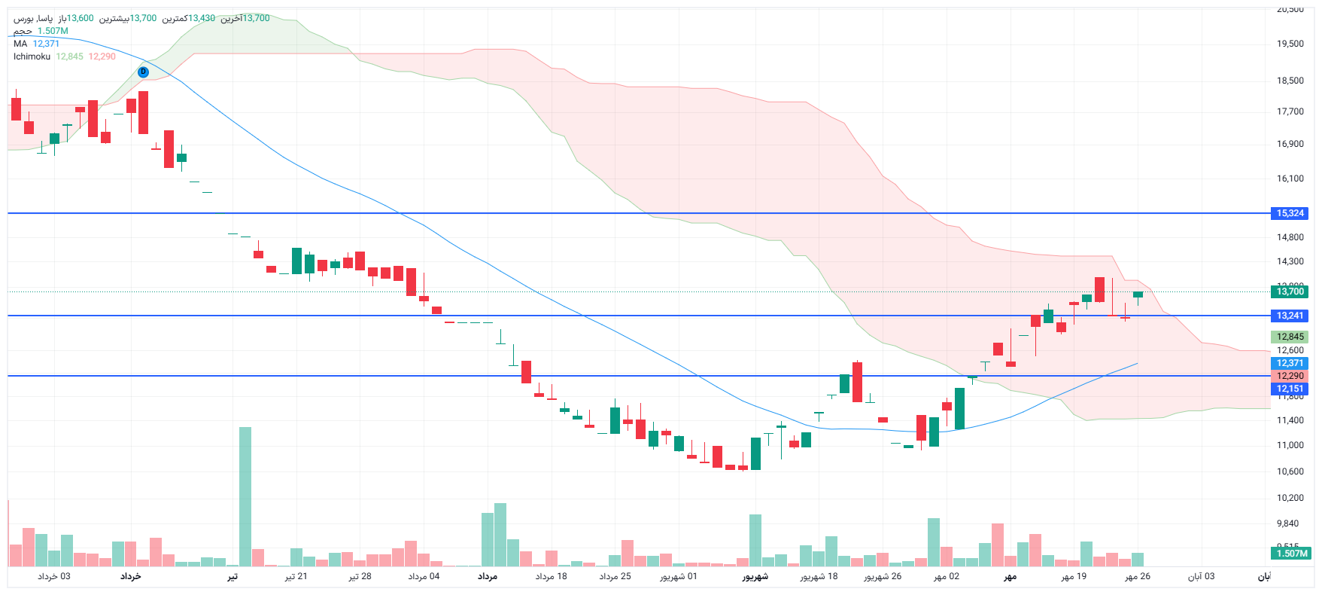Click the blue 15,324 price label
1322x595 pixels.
click(x=1290, y=213)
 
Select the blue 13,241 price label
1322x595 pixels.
click(x=1290, y=316)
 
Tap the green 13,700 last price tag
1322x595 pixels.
click(x=1290, y=291)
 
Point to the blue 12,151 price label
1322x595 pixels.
click(x=1290, y=389)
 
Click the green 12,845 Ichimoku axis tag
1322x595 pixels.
click(x=1290, y=337)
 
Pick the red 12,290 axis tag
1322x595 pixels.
click(x=1290, y=376)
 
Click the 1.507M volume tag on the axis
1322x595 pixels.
click(x=1291, y=554)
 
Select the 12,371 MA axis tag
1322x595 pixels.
click(x=1290, y=363)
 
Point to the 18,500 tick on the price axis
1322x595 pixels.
click(x=1290, y=81)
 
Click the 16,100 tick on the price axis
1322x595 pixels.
click(x=1290, y=178)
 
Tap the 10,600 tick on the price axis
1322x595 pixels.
click(x=1290, y=471)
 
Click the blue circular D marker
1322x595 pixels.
click(x=144, y=72)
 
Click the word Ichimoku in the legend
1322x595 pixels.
click(x=32, y=56)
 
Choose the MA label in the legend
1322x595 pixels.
click(x=20, y=44)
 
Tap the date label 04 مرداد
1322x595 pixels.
click(x=424, y=576)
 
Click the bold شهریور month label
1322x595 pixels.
click(x=755, y=576)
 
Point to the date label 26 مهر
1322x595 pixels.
click(x=1138, y=576)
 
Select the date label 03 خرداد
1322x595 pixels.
click(x=54, y=576)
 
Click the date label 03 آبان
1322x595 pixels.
click(x=1201, y=576)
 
